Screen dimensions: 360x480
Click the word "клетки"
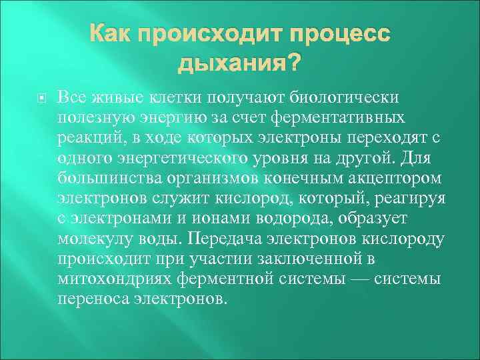171,98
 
